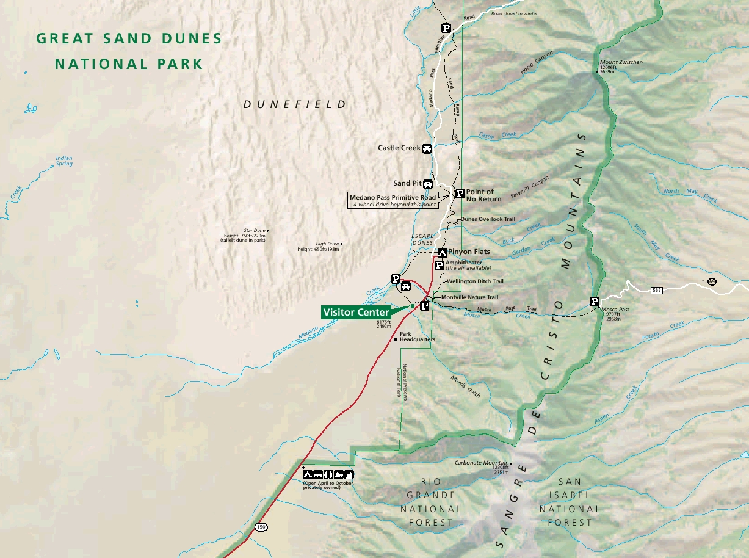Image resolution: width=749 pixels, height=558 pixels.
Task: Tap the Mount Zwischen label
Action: [x=621, y=62]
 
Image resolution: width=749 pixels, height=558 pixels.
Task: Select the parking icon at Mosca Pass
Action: [x=594, y=301]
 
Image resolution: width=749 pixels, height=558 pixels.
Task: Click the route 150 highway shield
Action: [x=261, y=526]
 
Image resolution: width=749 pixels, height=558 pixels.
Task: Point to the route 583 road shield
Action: [x=656, y=289]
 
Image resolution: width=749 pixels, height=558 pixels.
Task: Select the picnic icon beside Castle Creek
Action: [x=427, y=148]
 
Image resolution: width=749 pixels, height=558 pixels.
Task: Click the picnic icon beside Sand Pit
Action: [x=429, y=183]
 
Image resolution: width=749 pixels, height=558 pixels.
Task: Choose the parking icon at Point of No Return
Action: [x=460, y=193]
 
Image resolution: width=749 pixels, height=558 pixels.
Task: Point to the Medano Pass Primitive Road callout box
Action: [x=393, y=201]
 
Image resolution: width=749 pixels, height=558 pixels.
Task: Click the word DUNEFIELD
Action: [x=295, y=104]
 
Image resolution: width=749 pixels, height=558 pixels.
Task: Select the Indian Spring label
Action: [x=63, y=161]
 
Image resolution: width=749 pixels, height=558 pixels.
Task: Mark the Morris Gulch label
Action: [x=466, y=386]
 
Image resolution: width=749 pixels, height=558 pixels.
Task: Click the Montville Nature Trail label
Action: [x=469, y=297]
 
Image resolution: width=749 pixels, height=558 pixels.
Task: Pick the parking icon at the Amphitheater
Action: [x=439, y=265]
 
